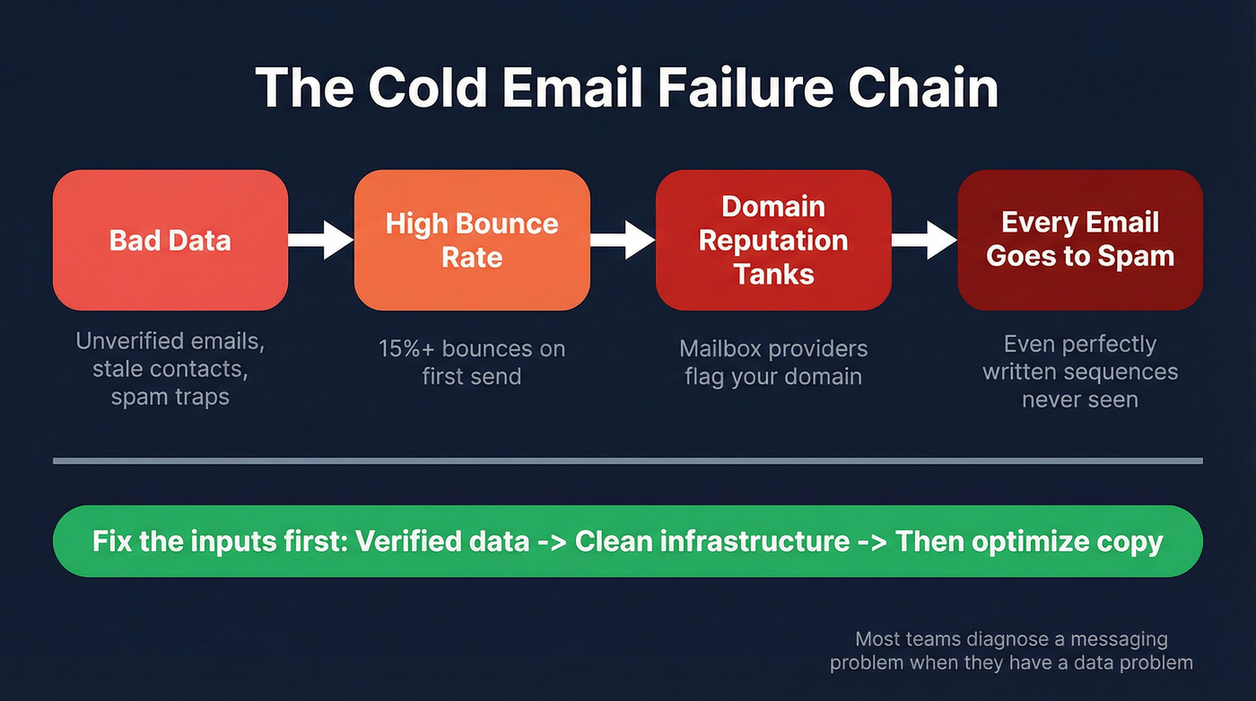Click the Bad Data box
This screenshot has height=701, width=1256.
(170, 240)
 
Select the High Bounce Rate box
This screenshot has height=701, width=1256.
(472, 240)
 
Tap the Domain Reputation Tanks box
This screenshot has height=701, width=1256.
(773, 240)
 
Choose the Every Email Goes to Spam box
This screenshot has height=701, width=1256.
(1079, 240)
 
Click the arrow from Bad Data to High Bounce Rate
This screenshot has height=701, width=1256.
(320, 240)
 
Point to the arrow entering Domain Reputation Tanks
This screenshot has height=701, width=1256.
(623, 240)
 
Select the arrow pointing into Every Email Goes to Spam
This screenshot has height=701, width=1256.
(924, 240)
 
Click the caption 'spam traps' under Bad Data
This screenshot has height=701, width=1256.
(170, 397)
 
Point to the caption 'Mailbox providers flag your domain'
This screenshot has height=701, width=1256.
(773, 362)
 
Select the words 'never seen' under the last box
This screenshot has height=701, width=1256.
(1079, 399)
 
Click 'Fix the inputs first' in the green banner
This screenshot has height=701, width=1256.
(219, 541)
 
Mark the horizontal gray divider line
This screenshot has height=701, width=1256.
(628, 461)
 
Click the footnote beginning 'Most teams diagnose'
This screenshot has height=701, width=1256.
(1011, 651)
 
